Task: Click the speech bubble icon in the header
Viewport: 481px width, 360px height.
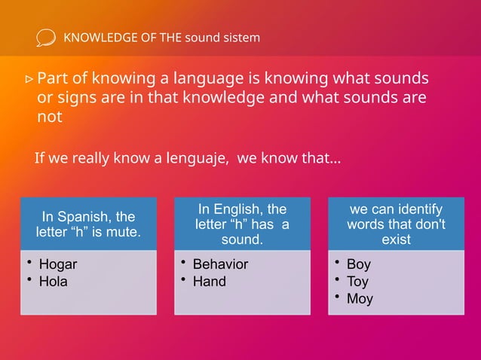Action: tap(45, 38)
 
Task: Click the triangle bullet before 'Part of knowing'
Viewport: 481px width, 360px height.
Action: tap(29, 78)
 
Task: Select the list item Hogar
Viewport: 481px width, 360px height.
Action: tap(57, 264)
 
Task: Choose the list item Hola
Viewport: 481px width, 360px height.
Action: tap(53, 282)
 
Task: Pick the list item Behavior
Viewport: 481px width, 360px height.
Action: tap(220, 264)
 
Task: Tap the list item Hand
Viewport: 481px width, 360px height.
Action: tap(209, 282)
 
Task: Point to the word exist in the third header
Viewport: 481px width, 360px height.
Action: tap(396, 239)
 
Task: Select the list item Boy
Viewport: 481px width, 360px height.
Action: tap(359, 264)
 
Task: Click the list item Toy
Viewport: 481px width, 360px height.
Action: tap(358, 282)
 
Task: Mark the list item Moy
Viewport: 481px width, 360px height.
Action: tap(360, 299)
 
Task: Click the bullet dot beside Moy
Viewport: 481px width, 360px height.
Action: tap(336, 297)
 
